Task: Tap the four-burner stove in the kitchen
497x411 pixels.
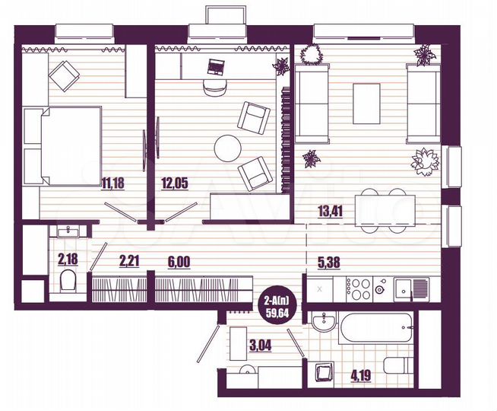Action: pos(358,288)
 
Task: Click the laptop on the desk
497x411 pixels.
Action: pos(215,67)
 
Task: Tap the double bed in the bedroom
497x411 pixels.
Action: pos(62,145)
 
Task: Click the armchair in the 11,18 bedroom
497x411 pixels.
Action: pos(64,75)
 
